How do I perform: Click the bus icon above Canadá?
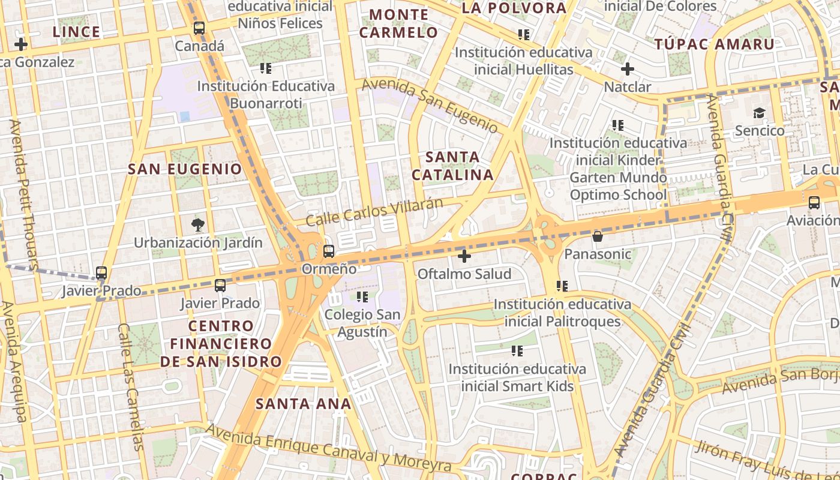click(x=199, y=28)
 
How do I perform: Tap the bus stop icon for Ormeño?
click(x=328, y=251)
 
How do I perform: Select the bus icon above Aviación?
click(x=814, y=203)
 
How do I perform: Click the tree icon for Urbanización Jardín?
click(x=197, y=226)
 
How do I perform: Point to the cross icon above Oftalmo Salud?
click(x=464, y=257)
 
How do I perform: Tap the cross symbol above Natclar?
click(x=627, y=69)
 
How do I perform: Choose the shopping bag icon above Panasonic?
click(x=597, y=236)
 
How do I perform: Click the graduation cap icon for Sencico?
click(x=759, y=113)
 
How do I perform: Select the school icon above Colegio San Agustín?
click(x=362, y=296)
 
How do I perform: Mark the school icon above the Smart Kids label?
click(x=517, y=351)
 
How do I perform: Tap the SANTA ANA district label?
click(x=304, y=404)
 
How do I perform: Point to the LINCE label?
click(x=76, y=32)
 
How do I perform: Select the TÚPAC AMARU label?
click(x=714, y=44)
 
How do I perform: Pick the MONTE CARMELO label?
click(x=399, y=23)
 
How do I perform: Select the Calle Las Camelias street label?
click(x=131, y=387)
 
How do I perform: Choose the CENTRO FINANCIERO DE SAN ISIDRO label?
click(x=220, y=344)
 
